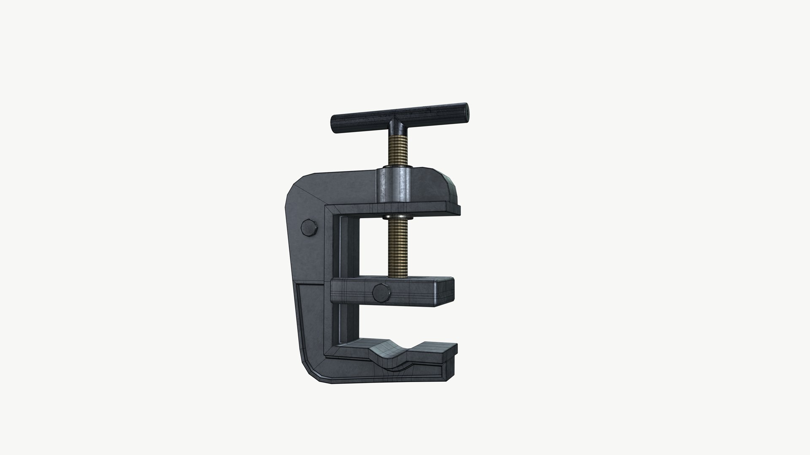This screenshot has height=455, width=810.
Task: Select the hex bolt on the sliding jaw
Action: [381, 292]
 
